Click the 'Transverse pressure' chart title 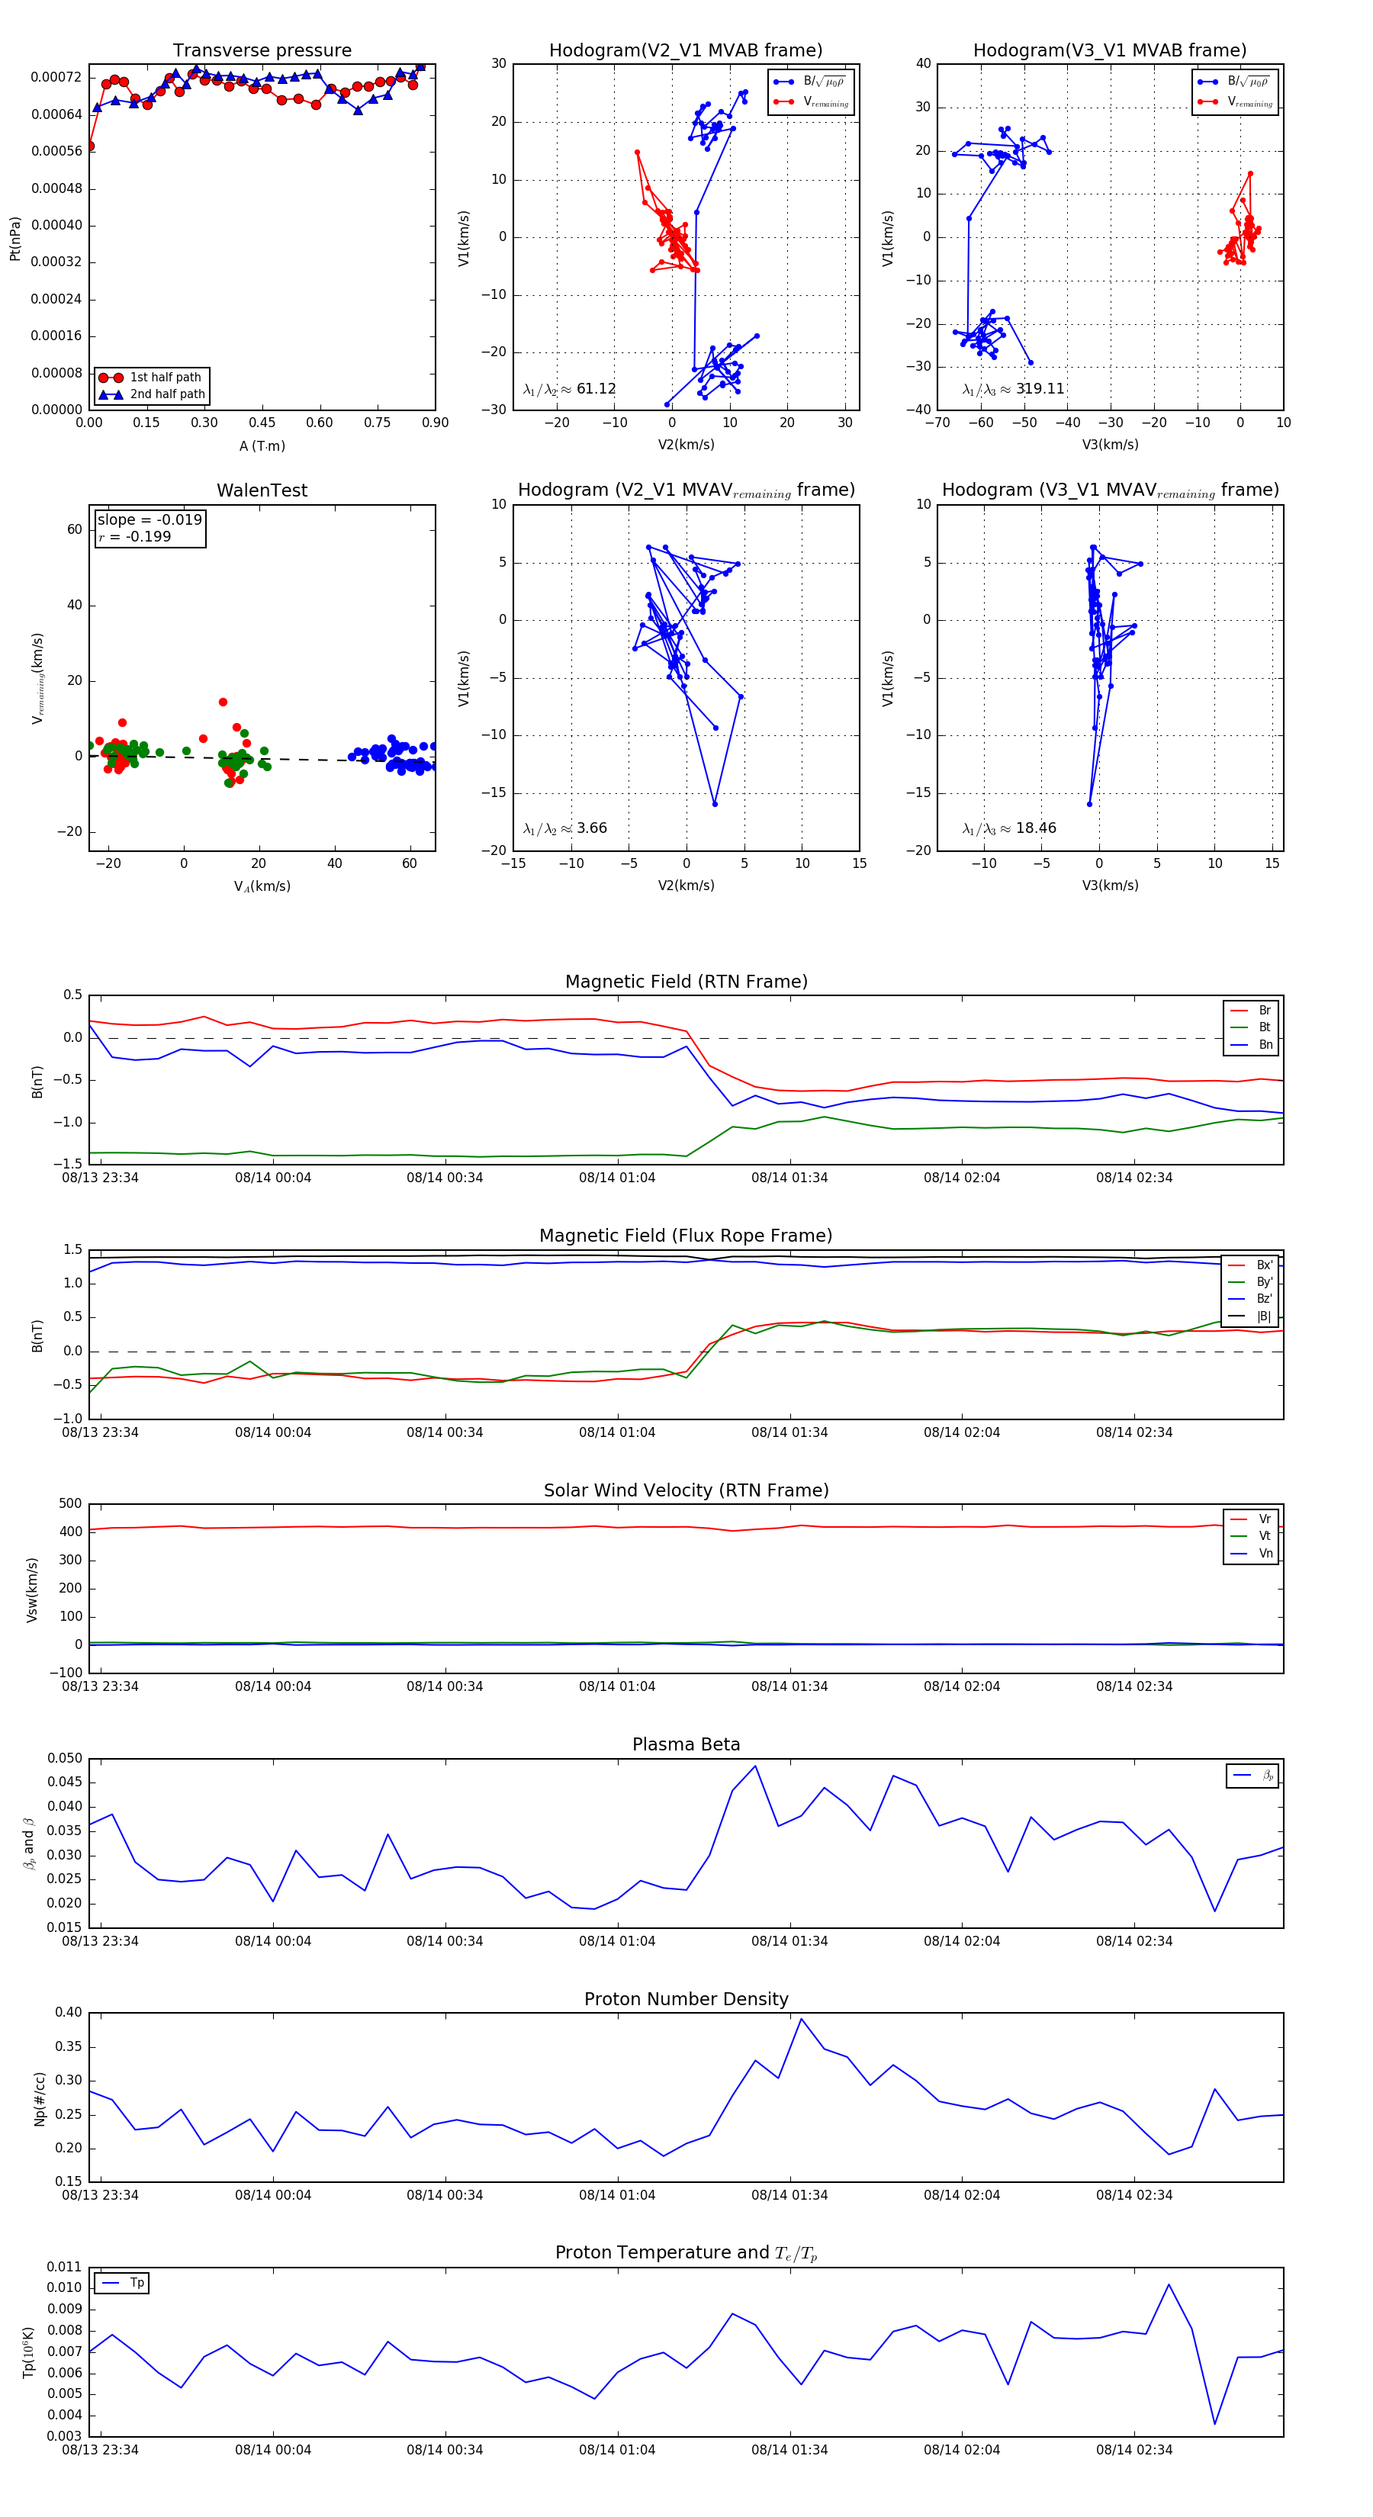point(262,51)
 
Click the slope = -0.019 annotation point(150,520)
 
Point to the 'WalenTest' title point(262,490)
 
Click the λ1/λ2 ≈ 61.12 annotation point(570,389)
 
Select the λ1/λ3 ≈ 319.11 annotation point(1014,389)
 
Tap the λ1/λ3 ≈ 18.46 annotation point(1009,828)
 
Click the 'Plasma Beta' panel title point(686,1745)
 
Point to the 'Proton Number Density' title point(686,1999)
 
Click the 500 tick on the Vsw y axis point(70,1504)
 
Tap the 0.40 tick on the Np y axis point(69,2013)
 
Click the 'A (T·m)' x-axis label point(262,446)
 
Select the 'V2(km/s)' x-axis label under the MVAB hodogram point(686,445)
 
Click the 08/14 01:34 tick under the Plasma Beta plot point(789,1941)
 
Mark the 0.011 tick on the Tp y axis point(65,2267)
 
